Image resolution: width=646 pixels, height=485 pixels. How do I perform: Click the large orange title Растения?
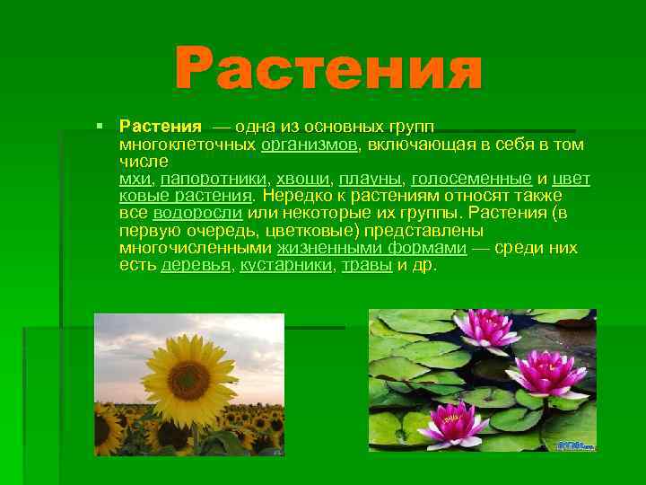click(328, 68)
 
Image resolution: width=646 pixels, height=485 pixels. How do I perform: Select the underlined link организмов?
click(310, 144)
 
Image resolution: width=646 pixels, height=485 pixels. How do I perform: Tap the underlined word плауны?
click(371, 178)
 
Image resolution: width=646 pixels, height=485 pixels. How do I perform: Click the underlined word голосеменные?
click(473, 178)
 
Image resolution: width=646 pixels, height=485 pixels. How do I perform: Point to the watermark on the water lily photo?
click(573, 444)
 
